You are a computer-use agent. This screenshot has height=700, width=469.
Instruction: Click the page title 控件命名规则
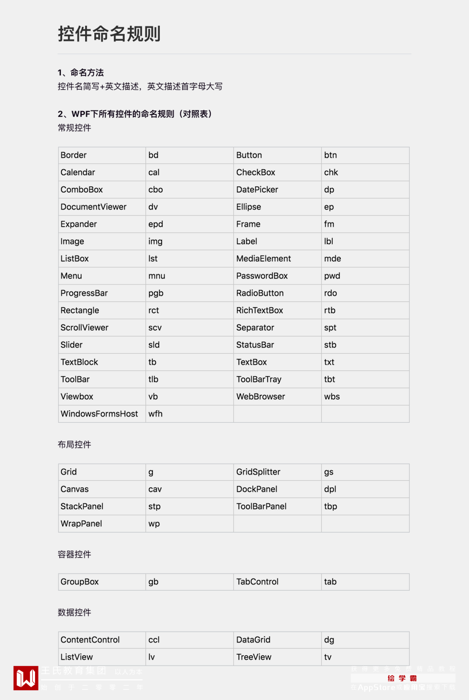[109, 34]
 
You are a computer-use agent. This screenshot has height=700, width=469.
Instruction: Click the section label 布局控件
[74, 445]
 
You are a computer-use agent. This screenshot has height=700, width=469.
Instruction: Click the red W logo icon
[26, 678]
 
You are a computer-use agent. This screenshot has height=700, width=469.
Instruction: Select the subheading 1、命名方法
[80, 72]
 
